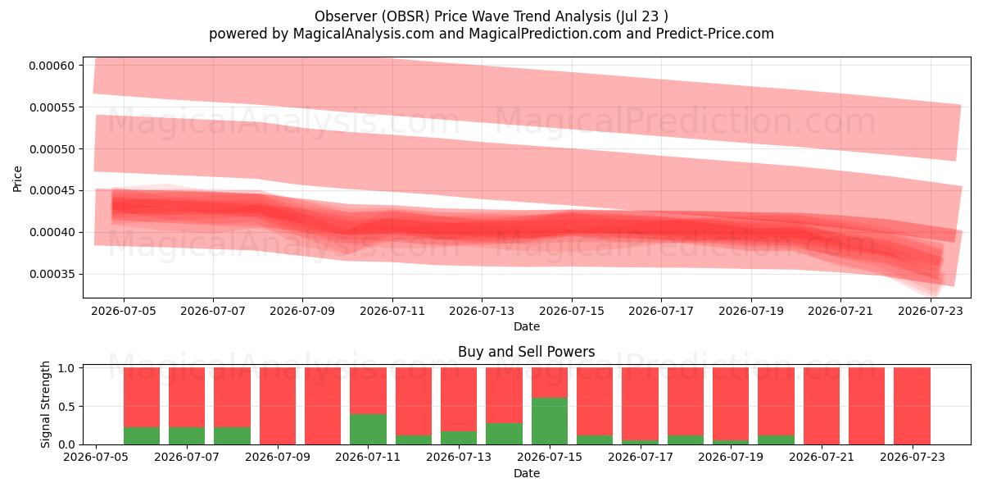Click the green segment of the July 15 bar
550,421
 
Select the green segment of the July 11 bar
368,429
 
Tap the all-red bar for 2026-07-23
912,406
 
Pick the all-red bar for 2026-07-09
278,406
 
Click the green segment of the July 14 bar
504,434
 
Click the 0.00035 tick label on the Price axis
52,274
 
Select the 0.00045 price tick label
52,190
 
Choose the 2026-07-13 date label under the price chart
482,311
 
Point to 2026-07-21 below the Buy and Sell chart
822,457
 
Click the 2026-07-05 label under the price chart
124,311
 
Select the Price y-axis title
17,179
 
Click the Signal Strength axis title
45,404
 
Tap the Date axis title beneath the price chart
527,326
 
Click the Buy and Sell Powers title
527,352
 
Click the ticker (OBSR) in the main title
405,16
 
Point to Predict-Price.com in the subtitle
715,34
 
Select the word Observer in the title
346,16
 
